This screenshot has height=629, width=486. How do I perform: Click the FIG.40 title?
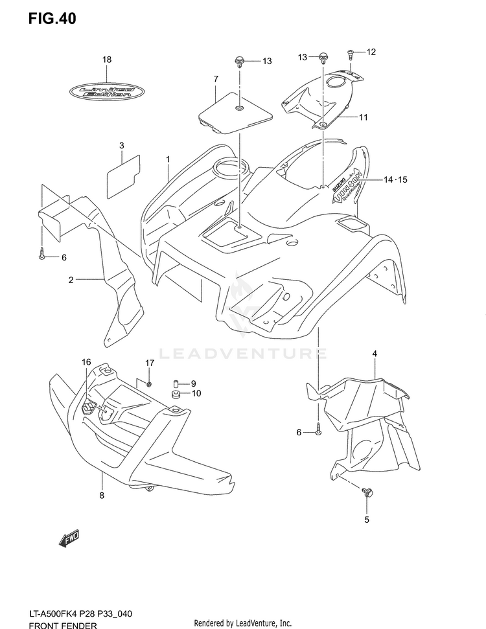pos(52,19)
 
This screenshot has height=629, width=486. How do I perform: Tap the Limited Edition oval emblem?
pos(106,91)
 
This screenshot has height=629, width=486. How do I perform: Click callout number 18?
pos(107,60)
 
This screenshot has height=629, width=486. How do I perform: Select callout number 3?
pos(121,146)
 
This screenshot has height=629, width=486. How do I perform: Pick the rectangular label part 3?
pos(122,174)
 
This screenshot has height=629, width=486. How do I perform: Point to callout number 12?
pos(371,51)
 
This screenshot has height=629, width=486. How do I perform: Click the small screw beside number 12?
pos(350,51)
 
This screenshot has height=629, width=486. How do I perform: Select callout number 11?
pos(363,117)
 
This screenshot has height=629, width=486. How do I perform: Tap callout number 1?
pos(167,159)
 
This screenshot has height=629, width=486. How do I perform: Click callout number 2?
pos(71,280)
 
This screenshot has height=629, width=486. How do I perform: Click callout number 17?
pos(149,363)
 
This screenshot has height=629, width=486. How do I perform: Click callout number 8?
pos(102,496)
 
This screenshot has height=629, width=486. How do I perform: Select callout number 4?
pos(374,353)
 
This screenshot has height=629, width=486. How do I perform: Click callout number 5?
pos(366,520)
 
